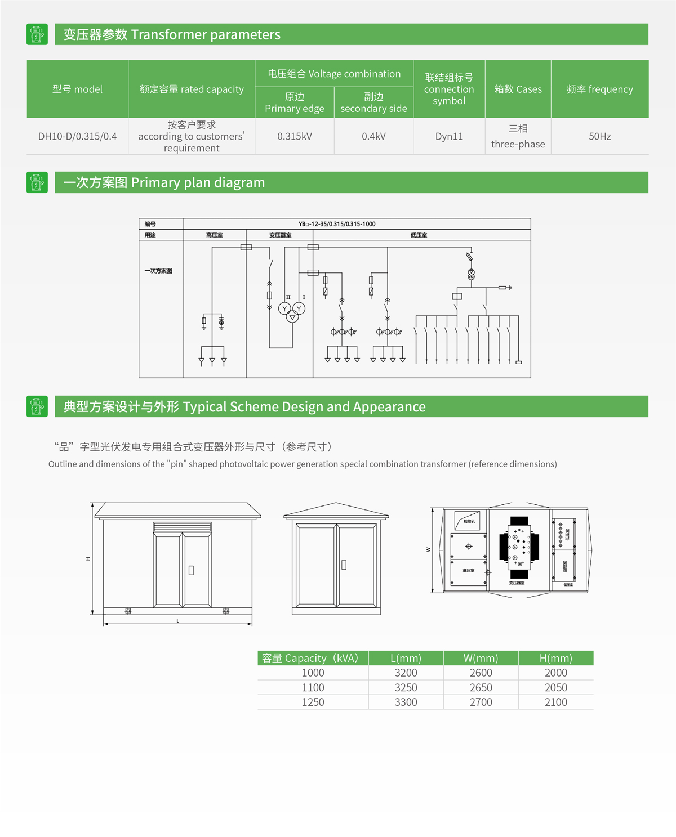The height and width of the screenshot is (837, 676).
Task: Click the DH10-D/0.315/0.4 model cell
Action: click(x=77, y=136)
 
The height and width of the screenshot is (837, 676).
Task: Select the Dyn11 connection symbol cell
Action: click(x=449, y=136)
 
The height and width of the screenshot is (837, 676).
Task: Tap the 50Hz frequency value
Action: click(x=599, y=136)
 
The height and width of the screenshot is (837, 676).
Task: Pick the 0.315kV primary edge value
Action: click(x=294, y=136)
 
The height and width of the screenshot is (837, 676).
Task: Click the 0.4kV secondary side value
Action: click(x=373, y=136)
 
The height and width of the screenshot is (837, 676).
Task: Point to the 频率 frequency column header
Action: click(x=599, y=89)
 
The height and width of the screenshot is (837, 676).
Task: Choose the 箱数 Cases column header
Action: click(x=518, y=89)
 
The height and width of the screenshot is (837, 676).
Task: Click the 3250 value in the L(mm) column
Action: click(x=406, y=687)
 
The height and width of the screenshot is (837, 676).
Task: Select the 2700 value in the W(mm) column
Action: click(x=481, y=702)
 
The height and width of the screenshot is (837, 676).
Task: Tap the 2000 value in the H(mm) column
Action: click(x=555, y=673)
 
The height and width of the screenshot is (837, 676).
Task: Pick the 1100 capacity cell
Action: click(x=313, y=687)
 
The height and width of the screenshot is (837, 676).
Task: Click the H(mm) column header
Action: click(x=555, y=658)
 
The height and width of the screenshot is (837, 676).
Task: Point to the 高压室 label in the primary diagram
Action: click(x=214, y=235)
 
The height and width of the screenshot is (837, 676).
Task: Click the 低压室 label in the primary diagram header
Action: click(x=419, y=235)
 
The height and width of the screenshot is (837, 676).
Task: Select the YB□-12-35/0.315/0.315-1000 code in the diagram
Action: click(x=337, y=224)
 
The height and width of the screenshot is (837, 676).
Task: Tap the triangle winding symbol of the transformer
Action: click(x=292, y=317)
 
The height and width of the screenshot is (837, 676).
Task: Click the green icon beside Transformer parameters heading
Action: click(x=37, y=34)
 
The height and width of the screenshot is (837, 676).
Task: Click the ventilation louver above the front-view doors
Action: click(x=183, y=527)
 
